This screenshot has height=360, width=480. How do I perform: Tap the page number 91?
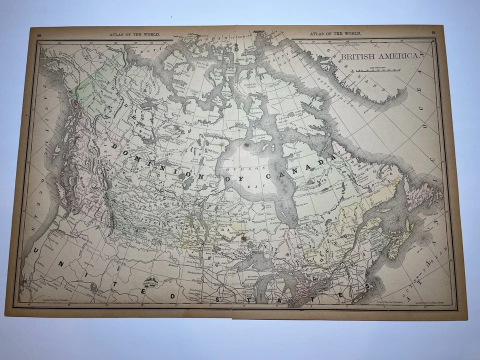(433, 33)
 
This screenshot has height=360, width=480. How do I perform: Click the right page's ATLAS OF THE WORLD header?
(334, 33)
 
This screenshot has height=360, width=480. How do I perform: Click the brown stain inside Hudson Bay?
(246, 145)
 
